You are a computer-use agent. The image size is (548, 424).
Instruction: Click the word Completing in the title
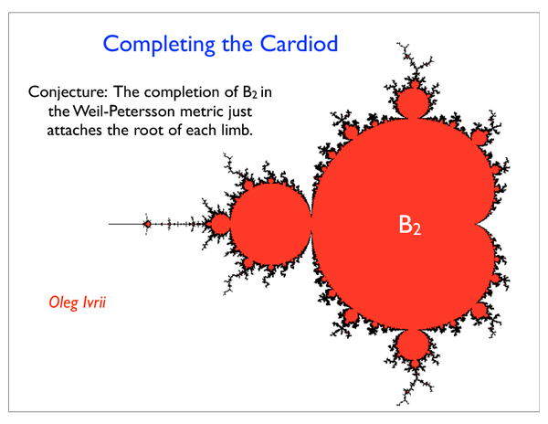[x=159, y=45]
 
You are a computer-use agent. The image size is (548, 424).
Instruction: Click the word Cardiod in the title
[x=299, y=43]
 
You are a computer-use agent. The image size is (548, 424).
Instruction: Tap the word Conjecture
[x=70, y=93]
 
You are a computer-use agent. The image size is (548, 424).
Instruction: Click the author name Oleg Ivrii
[x=78, y=302]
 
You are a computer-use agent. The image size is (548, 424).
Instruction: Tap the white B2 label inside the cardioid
[x=409, y=225]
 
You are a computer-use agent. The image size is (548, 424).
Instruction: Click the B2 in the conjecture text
[x=250, y=92]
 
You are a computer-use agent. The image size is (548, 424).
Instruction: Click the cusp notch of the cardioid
[x=475, y=224]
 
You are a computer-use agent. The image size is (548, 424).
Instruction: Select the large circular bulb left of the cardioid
[x=270, y=224]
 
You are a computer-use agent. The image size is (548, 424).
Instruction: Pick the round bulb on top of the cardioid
[x=414, y=102]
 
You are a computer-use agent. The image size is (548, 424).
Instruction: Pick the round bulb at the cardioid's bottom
[x=414, y=344]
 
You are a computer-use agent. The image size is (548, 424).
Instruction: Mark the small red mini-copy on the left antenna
[x=147, y=224]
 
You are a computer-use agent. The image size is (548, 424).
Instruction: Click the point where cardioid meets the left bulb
[x=311, y=224]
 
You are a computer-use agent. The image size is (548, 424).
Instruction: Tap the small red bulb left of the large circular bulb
[x=220, y=224]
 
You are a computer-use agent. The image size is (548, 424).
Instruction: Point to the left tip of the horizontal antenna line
[x=109, y=224]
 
